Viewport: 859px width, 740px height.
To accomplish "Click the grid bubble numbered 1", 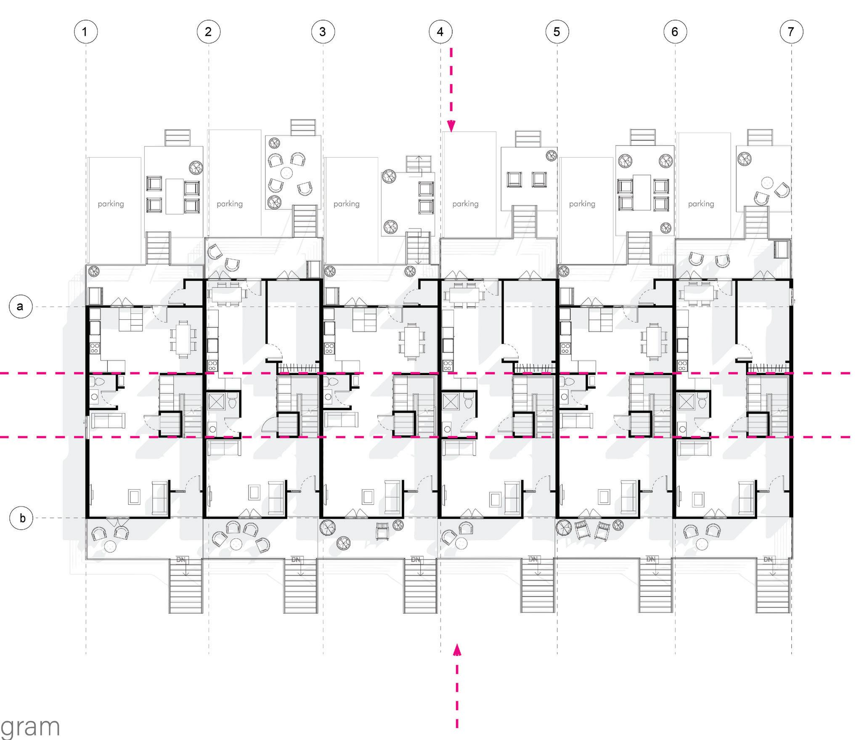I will (x=85, y=32).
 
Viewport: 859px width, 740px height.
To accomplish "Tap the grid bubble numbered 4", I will (x=440, y=32).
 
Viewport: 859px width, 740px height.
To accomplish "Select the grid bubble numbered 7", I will (x=791, y=32).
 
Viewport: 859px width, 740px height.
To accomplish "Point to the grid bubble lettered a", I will (x=21, y=306).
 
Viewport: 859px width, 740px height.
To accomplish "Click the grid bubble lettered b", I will (x=21, y=518).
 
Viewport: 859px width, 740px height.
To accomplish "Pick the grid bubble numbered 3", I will (x=323, y=32).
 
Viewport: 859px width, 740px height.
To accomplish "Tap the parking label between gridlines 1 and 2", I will (x=111, y=204).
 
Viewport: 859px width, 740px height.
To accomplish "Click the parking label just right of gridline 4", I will (x=465, y=204).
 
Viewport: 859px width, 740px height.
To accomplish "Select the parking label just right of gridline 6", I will (x=701, y=204).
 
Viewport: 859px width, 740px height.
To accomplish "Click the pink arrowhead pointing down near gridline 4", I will (x=451, y=126).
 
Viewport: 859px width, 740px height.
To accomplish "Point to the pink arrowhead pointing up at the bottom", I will (x=457, y=650).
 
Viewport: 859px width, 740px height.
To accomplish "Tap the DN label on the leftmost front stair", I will (x=181, y=560).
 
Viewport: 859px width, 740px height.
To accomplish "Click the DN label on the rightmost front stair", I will (x=768, y=560).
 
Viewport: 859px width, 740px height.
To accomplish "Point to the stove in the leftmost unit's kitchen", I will (x=95, y=348).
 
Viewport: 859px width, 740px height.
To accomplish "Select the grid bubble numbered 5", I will (x=557, y=32).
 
